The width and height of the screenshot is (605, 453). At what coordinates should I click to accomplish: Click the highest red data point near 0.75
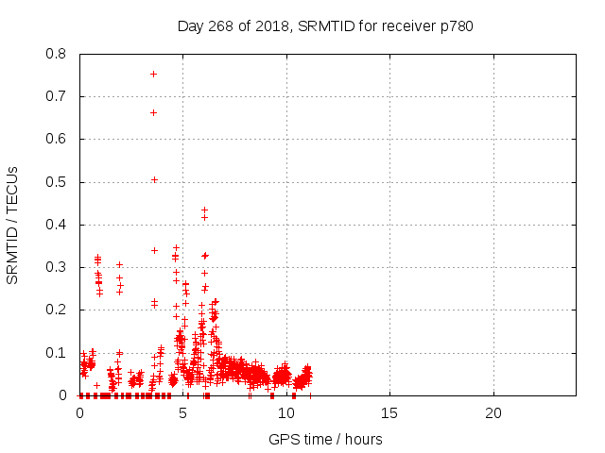153,74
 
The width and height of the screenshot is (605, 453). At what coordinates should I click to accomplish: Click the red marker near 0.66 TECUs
153,112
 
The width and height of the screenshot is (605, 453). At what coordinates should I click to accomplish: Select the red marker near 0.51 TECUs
154,179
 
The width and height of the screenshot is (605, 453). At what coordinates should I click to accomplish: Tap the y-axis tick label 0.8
58,54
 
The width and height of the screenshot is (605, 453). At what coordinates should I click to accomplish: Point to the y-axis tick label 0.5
58,182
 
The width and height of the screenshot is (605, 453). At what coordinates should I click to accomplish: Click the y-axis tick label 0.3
58,267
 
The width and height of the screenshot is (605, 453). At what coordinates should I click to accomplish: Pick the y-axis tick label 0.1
58,353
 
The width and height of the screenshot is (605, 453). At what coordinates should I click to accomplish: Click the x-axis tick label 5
182,414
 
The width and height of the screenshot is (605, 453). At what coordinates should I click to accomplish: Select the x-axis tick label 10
286,414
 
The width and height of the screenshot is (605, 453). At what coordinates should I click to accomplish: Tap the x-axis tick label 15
389,414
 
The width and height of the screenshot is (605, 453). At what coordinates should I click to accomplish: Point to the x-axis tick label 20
493,414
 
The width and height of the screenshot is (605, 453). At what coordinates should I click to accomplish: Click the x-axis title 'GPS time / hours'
325,439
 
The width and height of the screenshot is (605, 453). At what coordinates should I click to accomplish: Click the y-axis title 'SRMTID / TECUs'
13,225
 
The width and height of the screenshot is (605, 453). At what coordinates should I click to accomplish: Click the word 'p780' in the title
456,25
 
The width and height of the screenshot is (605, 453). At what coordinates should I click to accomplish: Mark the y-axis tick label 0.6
58,140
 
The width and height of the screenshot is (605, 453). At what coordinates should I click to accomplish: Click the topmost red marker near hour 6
204,210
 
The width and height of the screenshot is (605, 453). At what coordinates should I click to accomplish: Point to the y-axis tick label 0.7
58,96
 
